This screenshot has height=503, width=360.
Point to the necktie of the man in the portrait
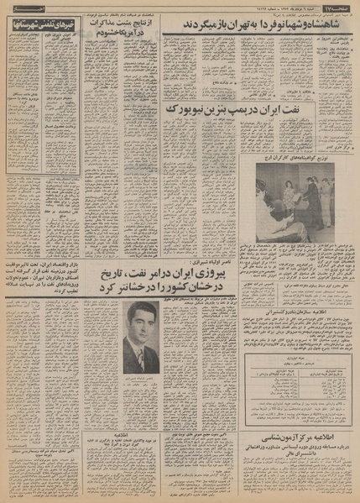(x=141, y=361)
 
